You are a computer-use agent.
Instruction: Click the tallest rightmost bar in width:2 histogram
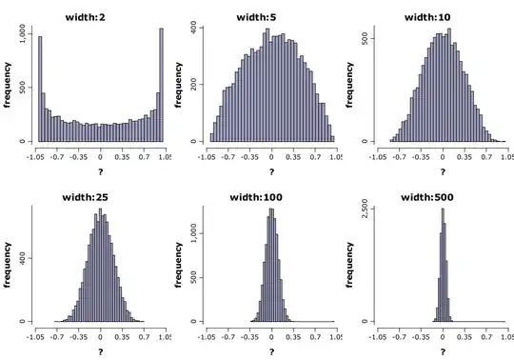tap(162, 86)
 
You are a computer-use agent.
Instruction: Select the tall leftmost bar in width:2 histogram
tap(40, 89)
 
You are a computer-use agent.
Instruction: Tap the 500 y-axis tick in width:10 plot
tap(365, 39)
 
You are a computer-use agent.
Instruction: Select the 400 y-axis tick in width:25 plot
tap(23, 257)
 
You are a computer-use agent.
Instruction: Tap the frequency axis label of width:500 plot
tap(351, 265)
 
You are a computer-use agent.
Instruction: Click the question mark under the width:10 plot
tap(442, 170)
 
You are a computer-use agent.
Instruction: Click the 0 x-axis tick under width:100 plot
tap(271, 335)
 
